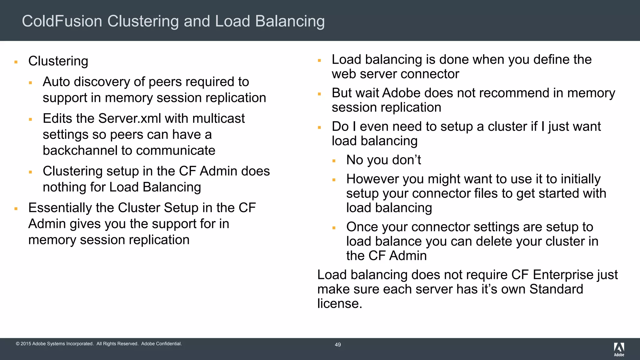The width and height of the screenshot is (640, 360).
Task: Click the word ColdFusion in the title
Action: click(62, 21)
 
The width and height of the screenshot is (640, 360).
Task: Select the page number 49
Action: click(337, 345)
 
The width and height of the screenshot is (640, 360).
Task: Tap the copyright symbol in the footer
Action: click(17, 344)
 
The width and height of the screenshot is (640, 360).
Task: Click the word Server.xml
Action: click(130, 118)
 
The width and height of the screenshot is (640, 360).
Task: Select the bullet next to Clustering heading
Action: click(16, 62)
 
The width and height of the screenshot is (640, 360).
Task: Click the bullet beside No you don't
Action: click(334, 161)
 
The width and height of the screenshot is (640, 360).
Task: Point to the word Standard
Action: click(556, 289)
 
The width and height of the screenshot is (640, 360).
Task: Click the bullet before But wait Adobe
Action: click(319, 94)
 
